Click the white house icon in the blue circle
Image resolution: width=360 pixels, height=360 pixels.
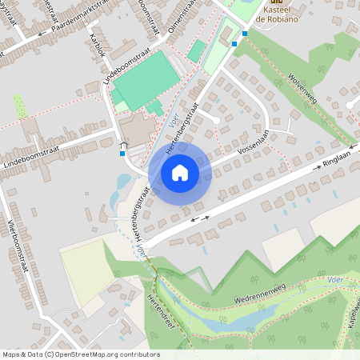tap(180, 173)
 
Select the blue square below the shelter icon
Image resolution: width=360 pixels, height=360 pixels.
tap(122, 153)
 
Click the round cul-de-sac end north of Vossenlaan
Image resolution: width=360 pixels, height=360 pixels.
tap(216, 120)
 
